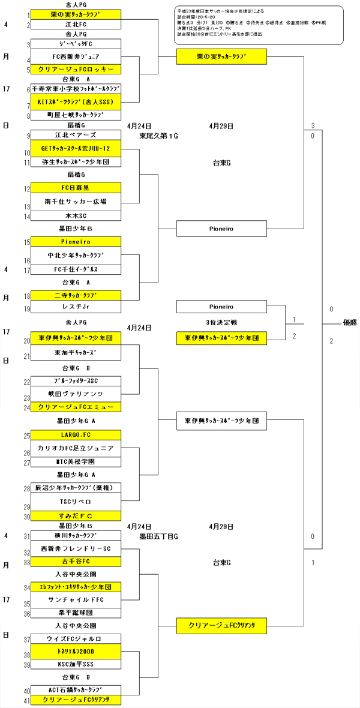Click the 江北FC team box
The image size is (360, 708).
pyautogui.click(x=76, y=25)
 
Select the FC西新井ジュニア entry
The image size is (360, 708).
pyautogui.click(x=76, y=56)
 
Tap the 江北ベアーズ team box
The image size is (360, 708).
pyautogui.click(x=76, y=135)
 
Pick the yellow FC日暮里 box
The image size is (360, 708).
pyautogui.click(x=76, y=188)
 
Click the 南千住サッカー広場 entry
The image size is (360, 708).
pyautogui.click(x=76, y=202)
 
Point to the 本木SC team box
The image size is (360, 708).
pyautogui.click(x=76, y=215)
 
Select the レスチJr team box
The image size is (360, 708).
pyautogui.click(x=76, y=308)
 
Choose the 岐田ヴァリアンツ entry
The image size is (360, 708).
pyautogui.click(x=76, y=394)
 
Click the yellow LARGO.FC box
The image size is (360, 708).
pyautogui.click(x=76, y=434)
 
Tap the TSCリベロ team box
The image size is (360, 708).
pyautogui.click(x=76, y=501)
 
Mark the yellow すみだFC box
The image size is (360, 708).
pyautogui.click(x=76, y=515)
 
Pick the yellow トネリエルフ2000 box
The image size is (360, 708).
pyautogui.click(x=76, y=652)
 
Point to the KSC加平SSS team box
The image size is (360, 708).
pyautogui.click(x=76, y=665)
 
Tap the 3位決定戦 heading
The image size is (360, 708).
pyautogui.click(x=221, y=323)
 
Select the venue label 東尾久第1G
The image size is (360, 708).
pyautogui.click(x=159, y=136)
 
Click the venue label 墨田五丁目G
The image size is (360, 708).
pyautogui.click(x=159, y=535)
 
